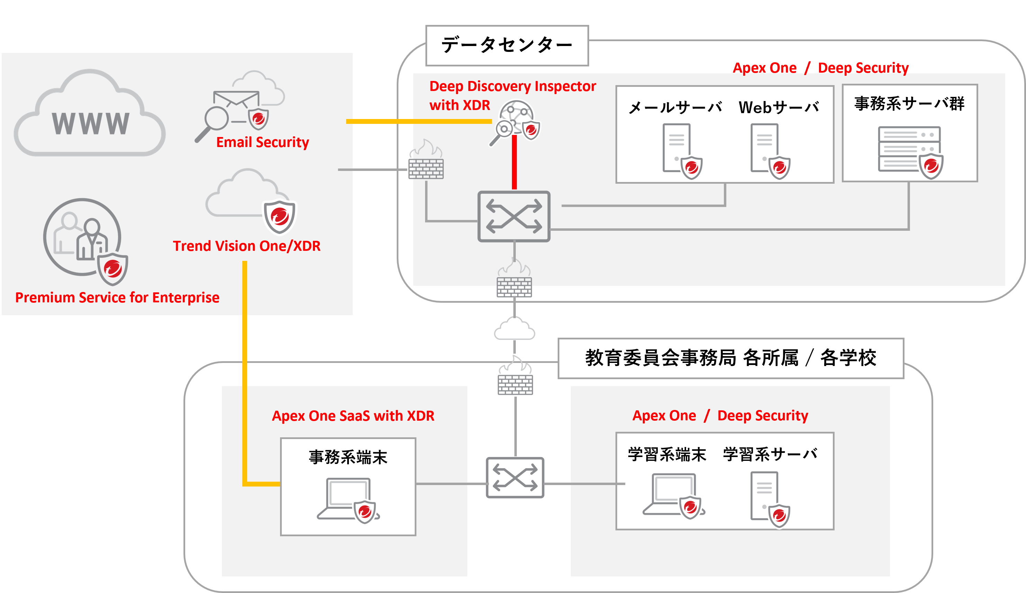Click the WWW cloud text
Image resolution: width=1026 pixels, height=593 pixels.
pyautogui.click(x=90, y=123)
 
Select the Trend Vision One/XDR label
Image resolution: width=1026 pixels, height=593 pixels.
pyautogui.click(x=246, y=246)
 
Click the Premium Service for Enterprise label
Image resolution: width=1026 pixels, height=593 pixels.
pyautogui.click(x=117, y=298)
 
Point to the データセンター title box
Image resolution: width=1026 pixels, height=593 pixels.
pyautogui.click(x=507, y=45)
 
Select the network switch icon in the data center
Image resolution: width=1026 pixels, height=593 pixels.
pyautogui.click(x=514, y=217)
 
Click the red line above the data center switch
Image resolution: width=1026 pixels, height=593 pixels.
pyautogui.click(x=514, y=163)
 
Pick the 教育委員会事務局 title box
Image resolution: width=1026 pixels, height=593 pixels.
pyautogui.click(x=730, y=358)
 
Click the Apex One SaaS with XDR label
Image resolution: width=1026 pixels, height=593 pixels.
pyautogui.click(x=353, y=416)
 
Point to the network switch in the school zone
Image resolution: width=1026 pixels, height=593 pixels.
pyautogui.click(x=515, y=478)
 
